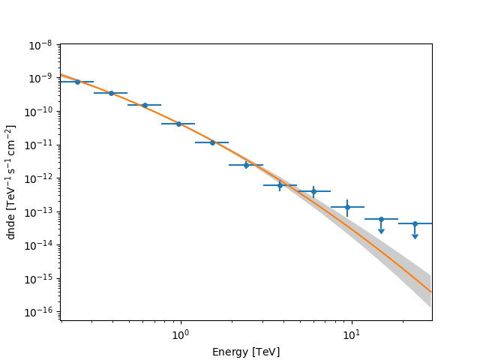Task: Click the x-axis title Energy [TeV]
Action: (246, 351)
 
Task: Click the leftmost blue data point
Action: (77, 82)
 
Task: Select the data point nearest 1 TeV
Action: (178, 124)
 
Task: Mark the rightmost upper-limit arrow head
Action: (415, 236)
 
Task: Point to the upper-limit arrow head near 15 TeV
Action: (381, 230)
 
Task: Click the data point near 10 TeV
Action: (347, 207)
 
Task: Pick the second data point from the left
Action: (111, 93)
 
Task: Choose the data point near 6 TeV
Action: (313, 191)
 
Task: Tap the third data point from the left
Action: (145, 105)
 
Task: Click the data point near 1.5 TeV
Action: (212, 142)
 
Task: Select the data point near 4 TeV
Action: (280, 185)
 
